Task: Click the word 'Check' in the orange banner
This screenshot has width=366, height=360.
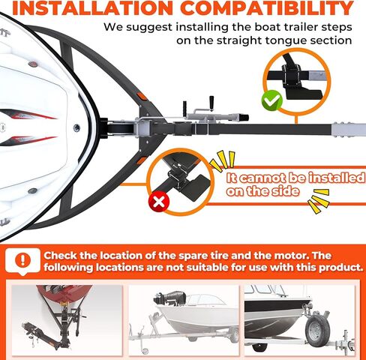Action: [x=64, y=253]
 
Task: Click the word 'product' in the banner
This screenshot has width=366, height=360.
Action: [x=334, y=267]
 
